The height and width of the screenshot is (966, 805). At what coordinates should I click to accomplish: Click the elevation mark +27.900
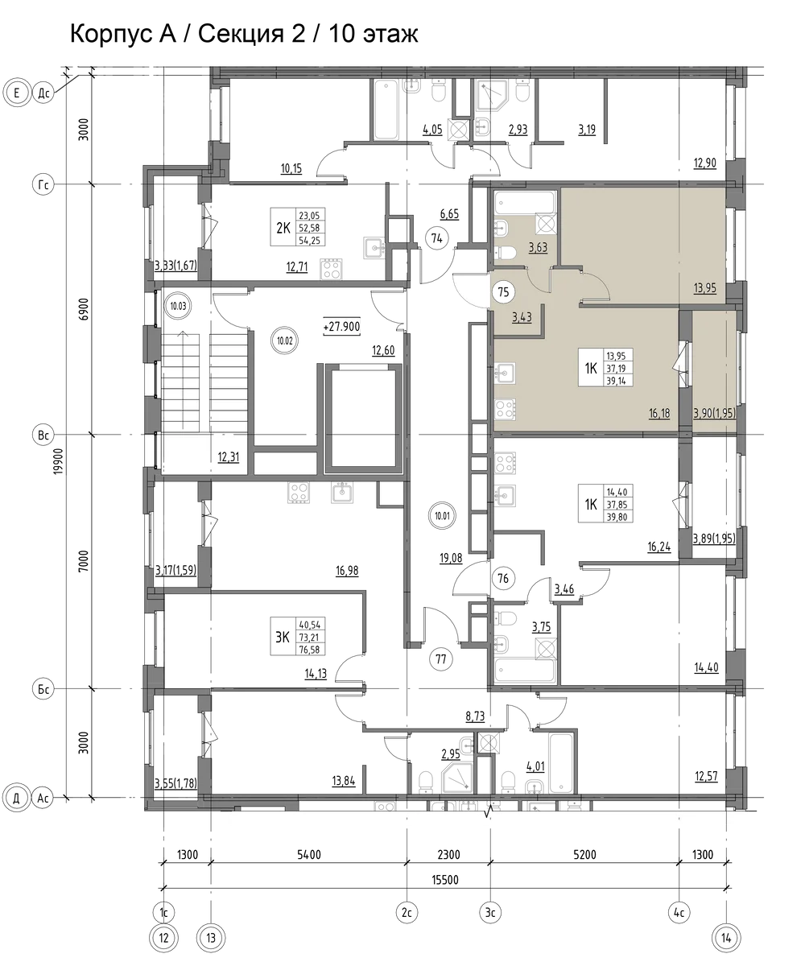tap(341, 327)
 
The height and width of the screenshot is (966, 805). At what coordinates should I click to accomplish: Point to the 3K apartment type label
tap(283, 637)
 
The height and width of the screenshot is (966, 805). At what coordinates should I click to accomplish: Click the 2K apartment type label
tap(283, 228)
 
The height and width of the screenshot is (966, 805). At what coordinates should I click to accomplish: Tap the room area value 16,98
tap(347, 571)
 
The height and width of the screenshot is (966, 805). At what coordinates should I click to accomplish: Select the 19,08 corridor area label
tap(451, 558)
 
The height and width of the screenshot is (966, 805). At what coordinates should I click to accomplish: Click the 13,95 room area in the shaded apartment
tap(704, 288)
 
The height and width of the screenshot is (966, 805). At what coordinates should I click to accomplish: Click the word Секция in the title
tap(241, 34)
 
